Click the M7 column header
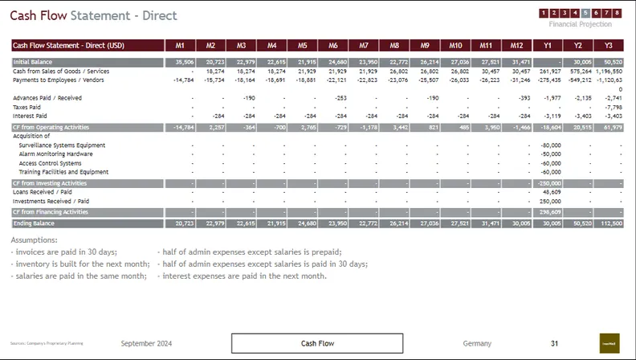pyautogui.click(x=363, y=45)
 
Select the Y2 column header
pyautogui.click(x=577, y=45)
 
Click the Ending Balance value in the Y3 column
pyautogui.click(x=612, y=223)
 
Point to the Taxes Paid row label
pyautogui.click(x=26, y=106)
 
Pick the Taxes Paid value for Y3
pyautogui.click(x=612, y=106)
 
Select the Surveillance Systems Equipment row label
pyautogui.click(x=62, y=145)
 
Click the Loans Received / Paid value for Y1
pyautogui.click(x=551, y=192)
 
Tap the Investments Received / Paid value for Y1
pyautogui.click(x=551, y=201)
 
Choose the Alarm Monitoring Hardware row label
pyautogui.click(x=55, y=153)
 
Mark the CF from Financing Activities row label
pyautogui.click(x=51, y=212)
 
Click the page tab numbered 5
pyautogui.click(x=586, y=13)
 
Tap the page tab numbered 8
pyautogui.click(x=617, y=13)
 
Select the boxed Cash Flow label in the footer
pyautogui.click(x=317, y=343)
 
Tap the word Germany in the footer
pyautogui.click(x=477, y=343)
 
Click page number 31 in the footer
pyautogui.click(x=554, y=343)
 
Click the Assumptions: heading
pyautogui.click(x=34, y=239)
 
